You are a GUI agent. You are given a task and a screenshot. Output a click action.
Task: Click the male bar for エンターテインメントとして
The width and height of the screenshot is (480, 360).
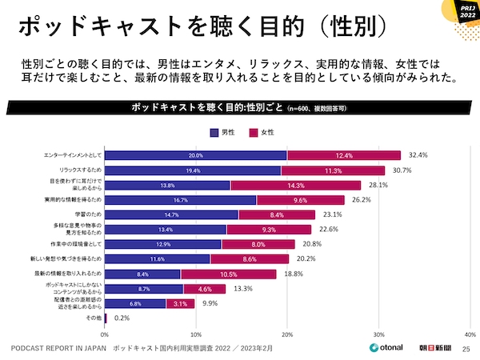click(x=196, y=155)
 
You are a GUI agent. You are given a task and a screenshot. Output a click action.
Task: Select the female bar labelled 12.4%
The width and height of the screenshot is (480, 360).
click(x=344, y=155)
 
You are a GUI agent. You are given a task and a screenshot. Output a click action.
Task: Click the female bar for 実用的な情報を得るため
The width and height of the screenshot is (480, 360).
click(x=301, y=200)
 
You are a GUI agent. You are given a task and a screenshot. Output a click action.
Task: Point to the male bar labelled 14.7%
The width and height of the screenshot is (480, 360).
click(x=171, y=214)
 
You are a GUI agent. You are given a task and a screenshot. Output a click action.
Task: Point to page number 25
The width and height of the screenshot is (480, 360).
click(x=466, y=349)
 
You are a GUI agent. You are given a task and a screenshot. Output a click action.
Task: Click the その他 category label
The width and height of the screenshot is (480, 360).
click(x=94, y=318)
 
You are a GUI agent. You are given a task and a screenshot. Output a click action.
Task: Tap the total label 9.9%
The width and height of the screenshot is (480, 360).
click(x=209, y=303)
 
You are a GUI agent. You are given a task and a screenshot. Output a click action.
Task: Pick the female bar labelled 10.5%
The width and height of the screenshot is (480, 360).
click(x=229, y=274)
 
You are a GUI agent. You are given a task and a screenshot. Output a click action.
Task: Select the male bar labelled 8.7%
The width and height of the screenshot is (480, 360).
click(x=144, y=288)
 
